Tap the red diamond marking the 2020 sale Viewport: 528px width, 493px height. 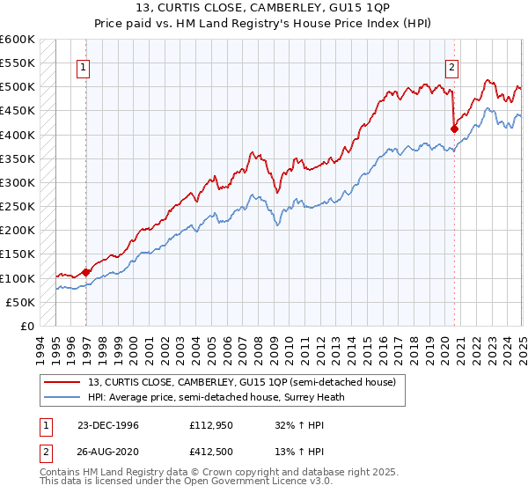(x=455, y=129)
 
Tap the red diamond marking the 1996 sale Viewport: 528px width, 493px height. (x=86, y=272)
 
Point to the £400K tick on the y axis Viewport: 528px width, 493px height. (x=17, y=135)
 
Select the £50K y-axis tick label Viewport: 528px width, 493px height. (x=19, y=302)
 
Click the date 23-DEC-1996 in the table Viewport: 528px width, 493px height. (x=108, y=424)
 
